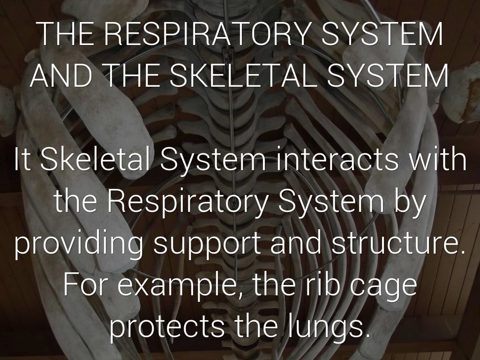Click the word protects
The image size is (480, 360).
point(167,328)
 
